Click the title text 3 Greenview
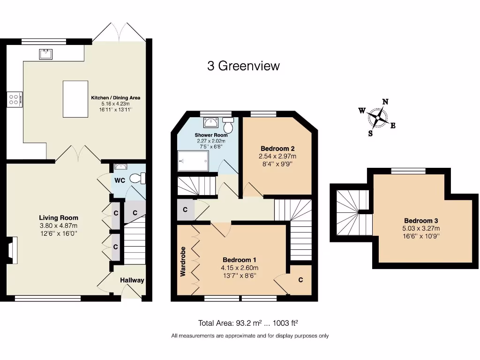tap(243, 66)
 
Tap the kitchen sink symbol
tap(45, 54)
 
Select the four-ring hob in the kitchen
tap(13, 99)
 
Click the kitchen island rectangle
tap(75, 99)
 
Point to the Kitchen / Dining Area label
tap(115, 98)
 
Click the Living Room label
tap(59, 217)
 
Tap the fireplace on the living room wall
tap(12, 248)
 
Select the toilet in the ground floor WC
tap(138, 179)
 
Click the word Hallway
tap(132, 280)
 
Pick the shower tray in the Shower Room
tap(192, 161)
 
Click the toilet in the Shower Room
tap(228, 126)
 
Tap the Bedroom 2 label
tap(277, 149)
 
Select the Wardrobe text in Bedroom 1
tap(183, 261)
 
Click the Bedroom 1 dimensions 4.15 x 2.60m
tap(240, 268)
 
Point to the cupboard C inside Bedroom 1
tap(300, 280)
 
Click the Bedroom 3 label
tap(421, 221)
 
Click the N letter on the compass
tap(385, 102)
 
